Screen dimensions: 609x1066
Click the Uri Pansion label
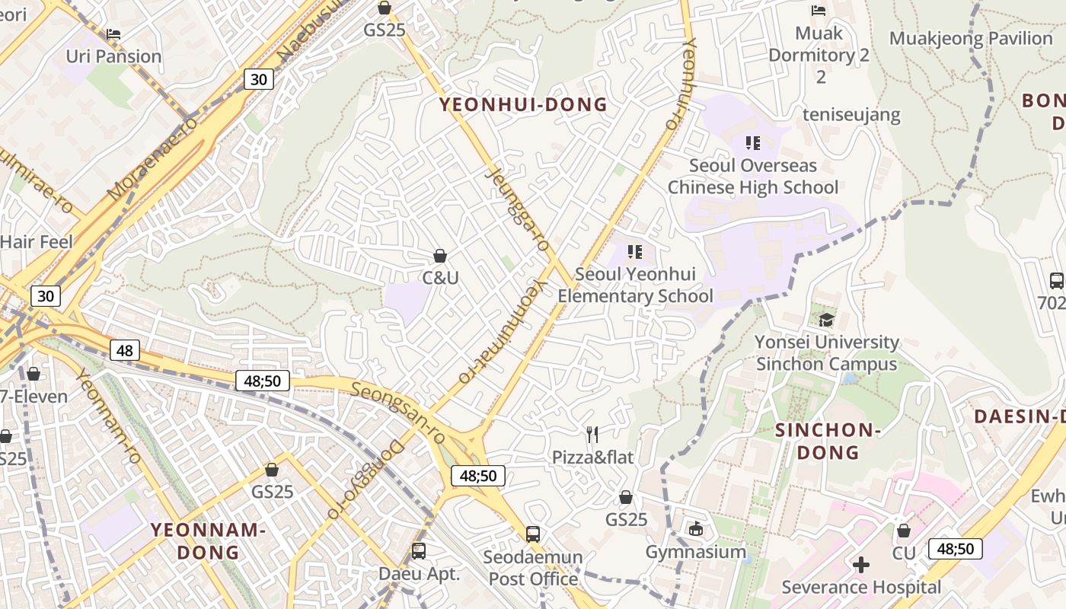[x=113, y=56]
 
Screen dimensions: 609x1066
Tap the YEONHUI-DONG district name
[x=524, y=105]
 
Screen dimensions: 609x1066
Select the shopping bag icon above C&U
[x=439, y=256]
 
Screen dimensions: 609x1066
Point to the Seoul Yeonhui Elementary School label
[x=635, y=285]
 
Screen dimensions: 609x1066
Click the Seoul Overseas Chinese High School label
[x=752, y=177]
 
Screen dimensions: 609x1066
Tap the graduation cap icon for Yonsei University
[x=826, y=320]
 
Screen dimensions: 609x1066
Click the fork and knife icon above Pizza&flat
[x=592, y=435]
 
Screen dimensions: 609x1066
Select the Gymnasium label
[x=696, y=552]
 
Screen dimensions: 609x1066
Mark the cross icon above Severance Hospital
[x=861, y=565]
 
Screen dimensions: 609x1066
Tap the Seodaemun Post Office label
[x=533, y=568]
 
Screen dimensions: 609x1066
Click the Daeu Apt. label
[x=420, y=574]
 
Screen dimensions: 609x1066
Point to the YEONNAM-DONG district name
[x=207, y=540]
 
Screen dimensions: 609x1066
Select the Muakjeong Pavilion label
[x=971, y=38]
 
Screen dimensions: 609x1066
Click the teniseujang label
[x=851, y=115]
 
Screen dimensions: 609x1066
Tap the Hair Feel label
[x=36, y=242]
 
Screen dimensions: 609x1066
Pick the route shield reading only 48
[x=125, y=350]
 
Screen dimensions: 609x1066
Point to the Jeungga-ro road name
[x=517, y=209]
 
